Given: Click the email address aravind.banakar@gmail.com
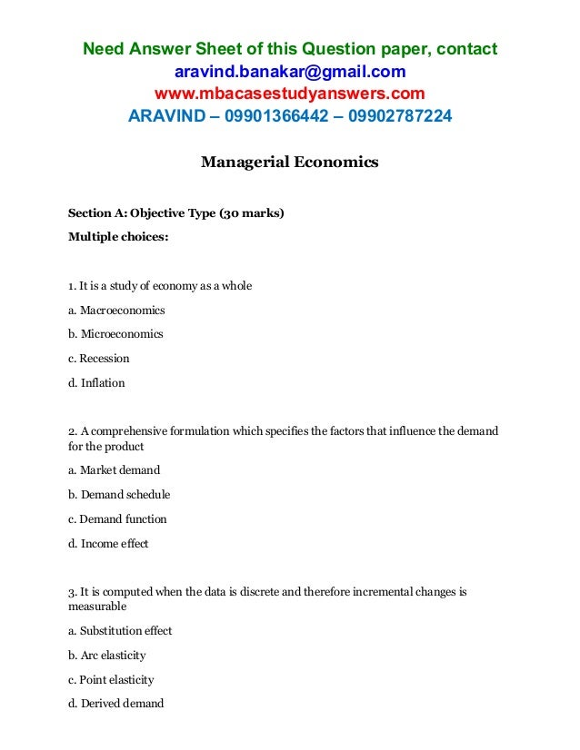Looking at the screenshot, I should (x=290, y=71).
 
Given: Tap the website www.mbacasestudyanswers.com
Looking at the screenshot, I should (x=290, y=94).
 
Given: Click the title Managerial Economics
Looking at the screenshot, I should (x=289, y=163).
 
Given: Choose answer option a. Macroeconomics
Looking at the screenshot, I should (x=116, y=310).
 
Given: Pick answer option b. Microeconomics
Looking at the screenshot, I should (x=115, y=334).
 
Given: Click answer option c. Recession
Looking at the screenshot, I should (x=99, y=359).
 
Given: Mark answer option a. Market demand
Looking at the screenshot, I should (x=114, y=470).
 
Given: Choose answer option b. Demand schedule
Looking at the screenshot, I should (x=119, y=495).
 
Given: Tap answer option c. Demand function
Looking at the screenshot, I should (x=117, y=519).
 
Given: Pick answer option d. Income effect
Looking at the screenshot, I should (x=108, y=544).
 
